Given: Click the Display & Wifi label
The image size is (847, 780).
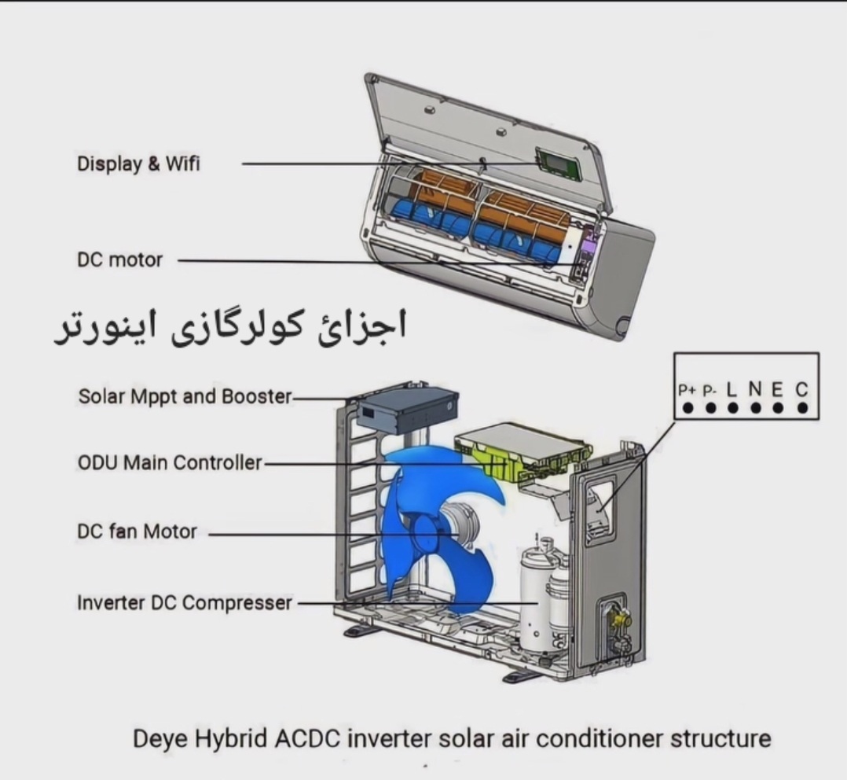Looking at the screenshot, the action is pyautogui.click(x=138, y=164).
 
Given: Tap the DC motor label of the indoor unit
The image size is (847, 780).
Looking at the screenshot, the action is pyautogui.click(x=119, y=260).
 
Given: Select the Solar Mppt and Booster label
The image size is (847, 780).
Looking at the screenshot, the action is pyautogui.click(x=185, y=396).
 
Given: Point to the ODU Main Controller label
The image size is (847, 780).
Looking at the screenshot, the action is pyautogui.click(x=170, y=462).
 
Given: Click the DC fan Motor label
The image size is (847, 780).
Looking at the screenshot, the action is pyautogui.click(x=137, y=532).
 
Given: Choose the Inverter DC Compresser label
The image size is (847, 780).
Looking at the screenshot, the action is pyautogui.click(x=184, y=603).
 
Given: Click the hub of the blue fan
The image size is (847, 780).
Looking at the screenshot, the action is pyautogui.click(x=427, y=532).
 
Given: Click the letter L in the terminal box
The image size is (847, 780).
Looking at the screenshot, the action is pyautogui.click(x=731, y=389).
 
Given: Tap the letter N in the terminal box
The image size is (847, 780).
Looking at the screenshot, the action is pyautogui.click(x=755, y=389).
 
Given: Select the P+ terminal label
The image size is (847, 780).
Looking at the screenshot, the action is pyautogui.click(x=687, y=390).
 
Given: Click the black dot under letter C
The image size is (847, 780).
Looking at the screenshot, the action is pyautogui.click(x=803, y=407).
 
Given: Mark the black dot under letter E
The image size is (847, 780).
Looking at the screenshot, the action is pyautogui.click(x=778, y=407).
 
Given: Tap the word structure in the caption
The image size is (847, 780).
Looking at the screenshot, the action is pyautogui.click(x=720, y=738).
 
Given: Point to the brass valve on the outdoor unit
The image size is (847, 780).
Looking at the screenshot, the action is pyautogui.click(x=619, y=616).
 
